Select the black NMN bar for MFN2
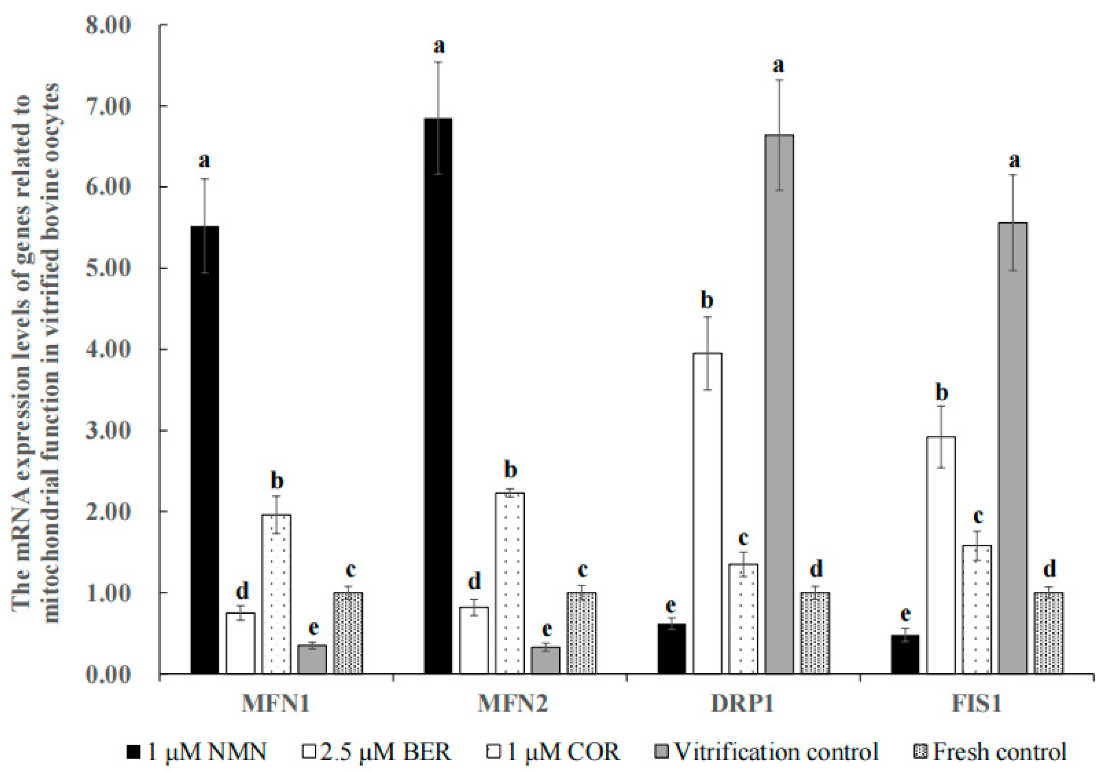(x=438, y=395)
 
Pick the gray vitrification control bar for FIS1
(x=1013, y=448)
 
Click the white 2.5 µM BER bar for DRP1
(x=708, y=513)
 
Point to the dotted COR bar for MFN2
(x=510, y=583)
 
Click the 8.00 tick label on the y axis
(x=108, y=25)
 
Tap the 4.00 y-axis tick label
(x=108, y=350)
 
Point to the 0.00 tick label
(x=108, y=674)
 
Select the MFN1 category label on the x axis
(x=275, y=704)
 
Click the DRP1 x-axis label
(x=742, y=704)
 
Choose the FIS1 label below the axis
(x=976, y=704)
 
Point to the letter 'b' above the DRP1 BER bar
(x=707, y=300)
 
